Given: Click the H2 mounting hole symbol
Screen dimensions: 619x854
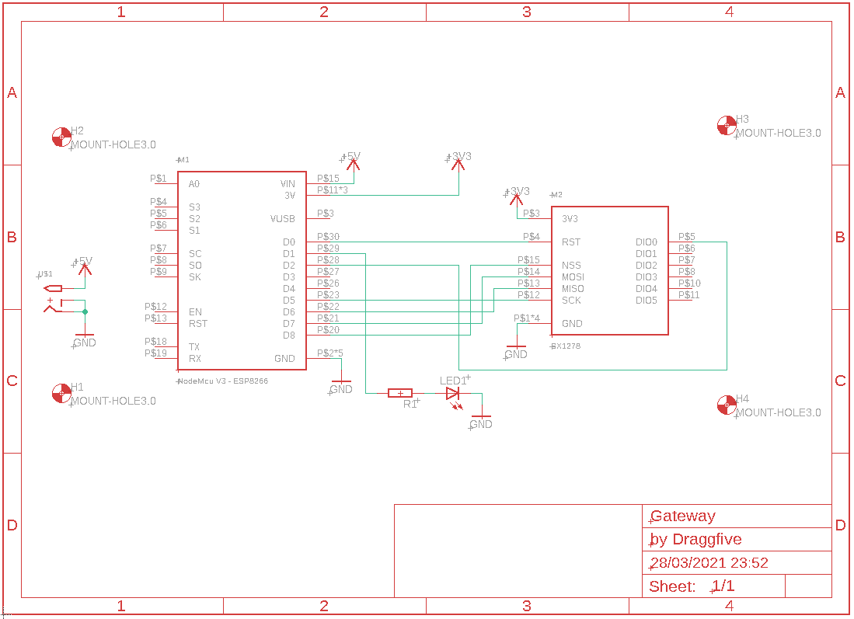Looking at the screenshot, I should (x=61, y=137).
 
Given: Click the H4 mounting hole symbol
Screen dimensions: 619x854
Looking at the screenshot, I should (x=726, y=405).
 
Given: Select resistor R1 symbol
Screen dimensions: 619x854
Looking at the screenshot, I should (x=399, y=394).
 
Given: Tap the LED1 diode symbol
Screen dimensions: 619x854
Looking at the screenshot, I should (x=453, y=394).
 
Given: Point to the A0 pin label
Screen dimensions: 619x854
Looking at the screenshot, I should (x=193, y=184).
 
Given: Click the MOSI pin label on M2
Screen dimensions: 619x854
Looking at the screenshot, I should (x=573, y=277).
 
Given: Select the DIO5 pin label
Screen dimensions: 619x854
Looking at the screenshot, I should (x=646, y=301).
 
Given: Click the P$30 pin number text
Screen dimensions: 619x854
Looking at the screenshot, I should (x=328, y=237).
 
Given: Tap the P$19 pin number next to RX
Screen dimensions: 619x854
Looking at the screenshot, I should (x=155, y=353).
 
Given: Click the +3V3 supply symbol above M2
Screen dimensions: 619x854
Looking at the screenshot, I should (x=517, y=193).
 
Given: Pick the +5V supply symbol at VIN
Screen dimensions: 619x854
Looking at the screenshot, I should (x=352, y=159).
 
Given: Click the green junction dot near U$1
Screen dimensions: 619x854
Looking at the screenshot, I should (x=85, y=312).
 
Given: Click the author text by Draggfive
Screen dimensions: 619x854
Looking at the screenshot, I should (x=695, y=539).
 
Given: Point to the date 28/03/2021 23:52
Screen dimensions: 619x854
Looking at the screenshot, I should (x=709, y=563).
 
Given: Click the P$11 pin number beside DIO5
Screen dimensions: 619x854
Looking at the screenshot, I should (x=688, y=295).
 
